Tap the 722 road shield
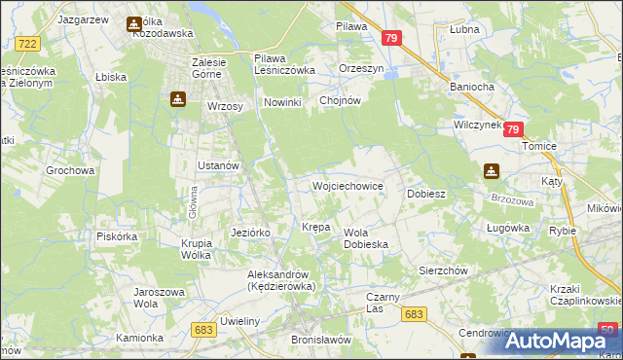pyautogui.click(x=28, y=44)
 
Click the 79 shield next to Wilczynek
pyautogui.click(x=514, y=129)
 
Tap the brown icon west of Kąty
pyautogui.click(x=492, y=172)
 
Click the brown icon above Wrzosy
pyautogui.click(x=178, y=98)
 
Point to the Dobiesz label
pyautogui.click(x=425, y=194)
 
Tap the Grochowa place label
pyautogui.click(x=70, y=170)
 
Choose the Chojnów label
pyautogui.click(x=340, y=100)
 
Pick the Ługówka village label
pyautogui.click(x=507, y=228)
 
